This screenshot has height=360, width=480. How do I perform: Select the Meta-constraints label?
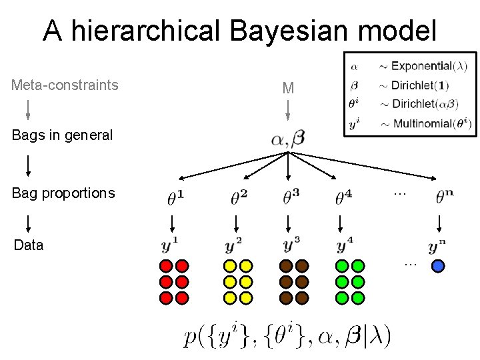pyautogui.click(x=65, y=85)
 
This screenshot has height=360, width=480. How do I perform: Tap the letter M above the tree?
pyautogui.click(x=288, y=88)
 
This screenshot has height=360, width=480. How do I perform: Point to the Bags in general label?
pyautogui.click(x=62, y=135)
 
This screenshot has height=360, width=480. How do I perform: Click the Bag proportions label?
pyautogui.click(x=63, y=193)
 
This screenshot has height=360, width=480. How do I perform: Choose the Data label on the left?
pyautogui.click(x=29, y=245)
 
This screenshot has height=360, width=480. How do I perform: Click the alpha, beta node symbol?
pyautogui.click(x=288, y=139)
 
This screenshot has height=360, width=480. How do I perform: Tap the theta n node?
pyautogui.click(x=445, y=197)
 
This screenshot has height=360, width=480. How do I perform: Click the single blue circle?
pyautogui.click(x=438, y=266)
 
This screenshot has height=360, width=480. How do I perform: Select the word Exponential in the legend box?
pyautogui.click(x=421, y=66)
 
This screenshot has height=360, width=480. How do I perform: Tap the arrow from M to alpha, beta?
pyautogui.click(x=288, y=110)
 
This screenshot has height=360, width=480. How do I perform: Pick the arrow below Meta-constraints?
pyautogui.click(x=28, y=109)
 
